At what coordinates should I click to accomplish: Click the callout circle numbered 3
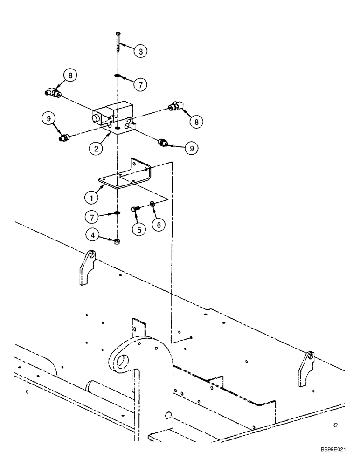(139, 50)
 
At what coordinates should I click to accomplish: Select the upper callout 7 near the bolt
(139, 84)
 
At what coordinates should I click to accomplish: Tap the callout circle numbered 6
(159, 225)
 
